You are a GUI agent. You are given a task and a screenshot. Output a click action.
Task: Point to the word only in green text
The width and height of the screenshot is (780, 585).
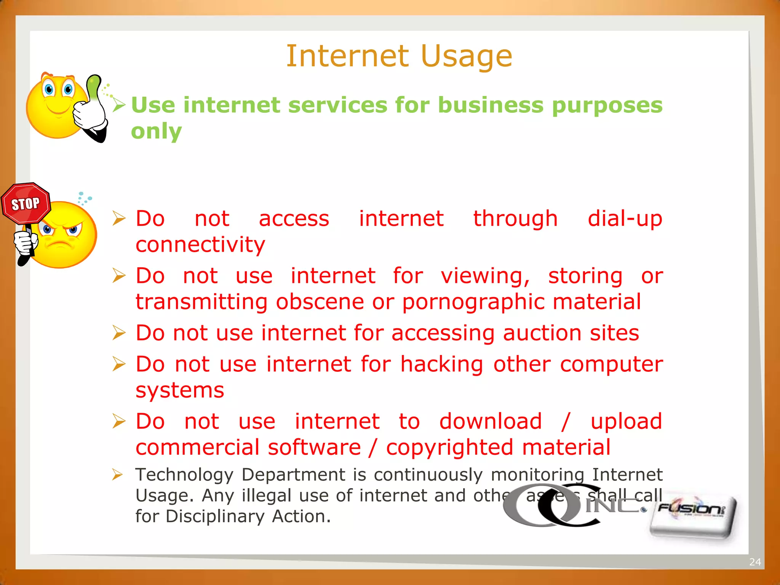coord(156,131)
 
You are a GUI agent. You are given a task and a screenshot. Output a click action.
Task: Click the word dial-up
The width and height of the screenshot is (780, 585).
coord(625,219)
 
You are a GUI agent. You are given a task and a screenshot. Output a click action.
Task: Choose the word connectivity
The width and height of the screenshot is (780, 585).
coord(200,245)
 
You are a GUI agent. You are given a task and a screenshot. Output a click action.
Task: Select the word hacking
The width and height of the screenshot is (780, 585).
coord(442,364)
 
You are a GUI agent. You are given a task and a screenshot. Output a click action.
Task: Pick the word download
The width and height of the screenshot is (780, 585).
coord(491,421)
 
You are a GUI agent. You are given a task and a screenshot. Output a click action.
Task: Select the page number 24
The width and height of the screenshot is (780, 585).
coord(755,562)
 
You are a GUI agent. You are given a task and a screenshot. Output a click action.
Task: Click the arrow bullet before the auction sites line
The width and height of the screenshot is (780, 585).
coord(119,333)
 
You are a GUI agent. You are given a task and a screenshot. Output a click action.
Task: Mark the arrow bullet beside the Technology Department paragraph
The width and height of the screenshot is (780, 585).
coord(118,475)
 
